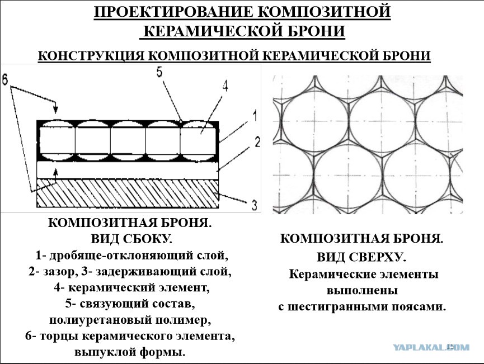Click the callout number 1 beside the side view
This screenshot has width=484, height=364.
click(x=254, y=117)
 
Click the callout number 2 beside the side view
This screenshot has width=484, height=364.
click(x=257, y=142)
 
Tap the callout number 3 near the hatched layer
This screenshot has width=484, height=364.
click(x=253, y=205)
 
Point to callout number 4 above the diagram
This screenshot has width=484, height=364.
click(x=225, y=86)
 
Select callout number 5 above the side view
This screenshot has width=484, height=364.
click(x=159, y=72)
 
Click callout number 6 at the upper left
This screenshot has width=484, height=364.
click(x=5, y=79)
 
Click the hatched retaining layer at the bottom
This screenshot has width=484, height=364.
click(x=128, y=193)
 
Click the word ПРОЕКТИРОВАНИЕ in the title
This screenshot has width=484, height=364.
click(x=173, y=12)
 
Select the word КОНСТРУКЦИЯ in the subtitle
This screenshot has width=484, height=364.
click(x=91, y=56)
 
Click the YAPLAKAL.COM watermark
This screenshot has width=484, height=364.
click(x=431, y=347)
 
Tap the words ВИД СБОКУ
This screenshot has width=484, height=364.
click(x=131, y=239)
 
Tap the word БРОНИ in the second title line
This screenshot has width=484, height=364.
click(x=317, y=31)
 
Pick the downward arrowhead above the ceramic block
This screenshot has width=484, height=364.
click(x=55, y=109)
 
